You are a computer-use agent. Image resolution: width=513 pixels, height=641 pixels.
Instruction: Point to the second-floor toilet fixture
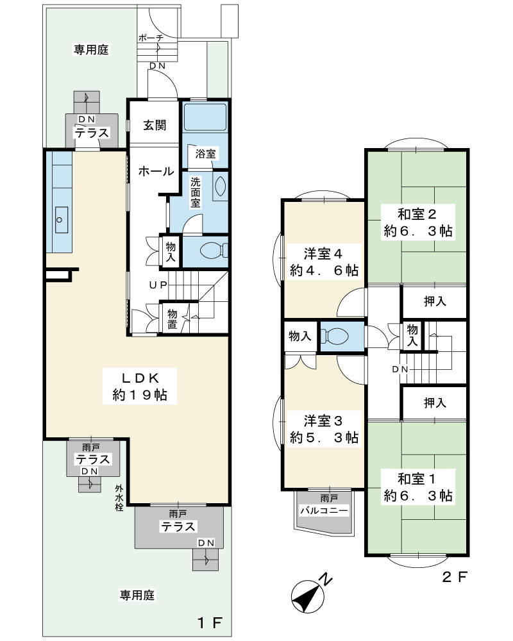click(x=335, y=336)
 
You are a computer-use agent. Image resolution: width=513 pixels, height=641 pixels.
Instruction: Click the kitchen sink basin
click(x=62, y=220)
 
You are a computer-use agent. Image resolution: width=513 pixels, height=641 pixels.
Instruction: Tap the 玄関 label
click(x=155, y=125)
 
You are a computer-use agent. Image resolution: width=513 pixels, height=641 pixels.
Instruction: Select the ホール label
click(x=156, y=171)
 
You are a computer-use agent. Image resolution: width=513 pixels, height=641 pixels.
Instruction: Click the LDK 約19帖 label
click(x=140, y=387)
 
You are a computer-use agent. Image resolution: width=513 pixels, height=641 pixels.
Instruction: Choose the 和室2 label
click(x=418, y=222)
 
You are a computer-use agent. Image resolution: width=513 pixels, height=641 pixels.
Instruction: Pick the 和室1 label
click(x=418, y=487)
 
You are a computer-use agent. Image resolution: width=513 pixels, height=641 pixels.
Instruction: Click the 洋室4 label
click(x=324, y=262)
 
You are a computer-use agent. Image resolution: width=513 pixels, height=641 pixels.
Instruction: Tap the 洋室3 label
click(x=324, y=429)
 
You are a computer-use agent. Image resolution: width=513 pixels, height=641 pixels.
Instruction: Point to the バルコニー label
click(x=324, y=510)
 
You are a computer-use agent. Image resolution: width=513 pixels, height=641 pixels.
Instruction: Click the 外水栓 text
click(x=119, y=498)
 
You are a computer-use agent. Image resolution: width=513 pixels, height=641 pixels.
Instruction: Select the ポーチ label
click(x=151, y=38)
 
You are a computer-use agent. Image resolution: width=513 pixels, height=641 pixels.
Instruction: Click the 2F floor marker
click(x=455, y=577)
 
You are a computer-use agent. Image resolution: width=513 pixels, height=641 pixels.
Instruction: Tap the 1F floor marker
click(x=210, y=622)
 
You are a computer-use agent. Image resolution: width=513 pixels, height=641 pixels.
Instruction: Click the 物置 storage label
click(x=172, y=319)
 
